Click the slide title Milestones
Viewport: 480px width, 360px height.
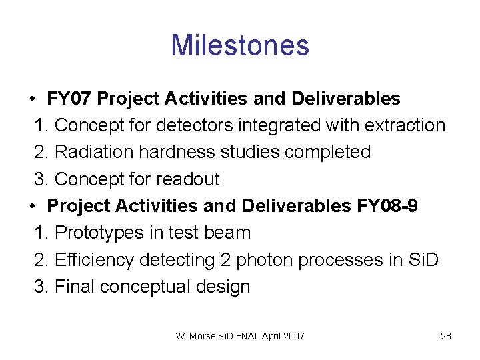coord(240,45)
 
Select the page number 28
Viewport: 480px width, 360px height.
coord(446,336)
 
